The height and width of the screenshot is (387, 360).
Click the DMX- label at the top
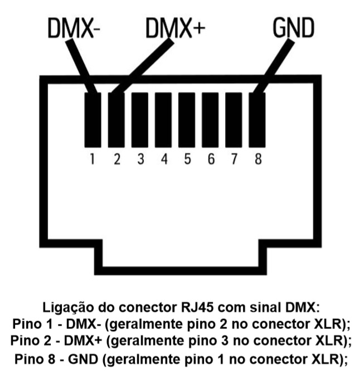pyautogui.click(x=74, y=28)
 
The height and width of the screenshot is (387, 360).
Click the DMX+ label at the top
pyautogui.click(x=176, y=28)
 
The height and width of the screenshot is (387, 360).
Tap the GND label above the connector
pyautogui.click(x=294, y=28)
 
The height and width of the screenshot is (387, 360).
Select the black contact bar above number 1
pyautogui.click(x=93, y=120)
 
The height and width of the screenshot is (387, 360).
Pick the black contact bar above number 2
pyautogui.click(x=116, y=120)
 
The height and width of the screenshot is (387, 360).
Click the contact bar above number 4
pyautogui.click(x=163, y=120)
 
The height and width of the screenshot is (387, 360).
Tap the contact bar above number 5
pyautogui.click(x=187, y=120)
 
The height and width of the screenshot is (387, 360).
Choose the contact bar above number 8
pyautogui.click(x=257, y=120)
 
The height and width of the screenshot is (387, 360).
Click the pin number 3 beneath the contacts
pyautogui.click(x=141, y=159)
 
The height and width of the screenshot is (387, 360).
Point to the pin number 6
pyautogui.click(x=211, y=159)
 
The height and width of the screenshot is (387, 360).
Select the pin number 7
pyautogui.click(x=234, y=159)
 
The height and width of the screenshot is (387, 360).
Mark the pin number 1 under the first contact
pyautogui.click(x=92, y=159)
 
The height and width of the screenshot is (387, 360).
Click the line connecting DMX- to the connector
pyautogui.click(x=81, y=66)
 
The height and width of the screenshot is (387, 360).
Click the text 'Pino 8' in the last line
pyautogui.click(x=35, y=359)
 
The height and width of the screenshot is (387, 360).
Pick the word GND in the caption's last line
pyautogui.click(x=84, y=359)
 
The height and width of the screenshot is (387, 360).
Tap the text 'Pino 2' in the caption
pyautogui.click(x=31, y=341)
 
